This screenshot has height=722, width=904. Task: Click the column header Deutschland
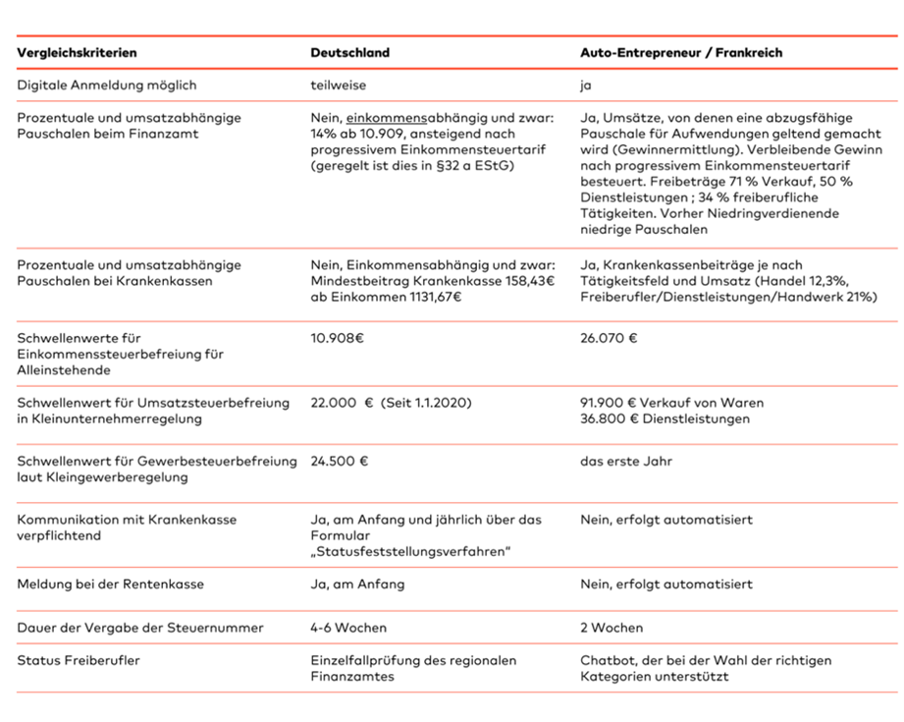[349, 52]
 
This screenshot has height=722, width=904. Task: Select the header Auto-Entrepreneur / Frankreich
[681, 52]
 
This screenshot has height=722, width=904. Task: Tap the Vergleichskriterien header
[77, 52]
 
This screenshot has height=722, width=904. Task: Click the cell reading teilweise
[339, 85]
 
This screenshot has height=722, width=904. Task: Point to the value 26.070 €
[609, 338]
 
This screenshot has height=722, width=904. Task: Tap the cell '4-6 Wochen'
[348, 627]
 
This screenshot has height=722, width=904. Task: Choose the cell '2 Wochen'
[612, 627]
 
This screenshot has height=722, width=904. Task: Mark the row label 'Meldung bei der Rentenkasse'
[110, 583]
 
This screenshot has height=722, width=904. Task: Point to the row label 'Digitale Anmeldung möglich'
[107, 85]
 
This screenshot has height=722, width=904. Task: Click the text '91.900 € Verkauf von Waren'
[671, 403]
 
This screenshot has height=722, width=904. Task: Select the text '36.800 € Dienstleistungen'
[665, 419]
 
